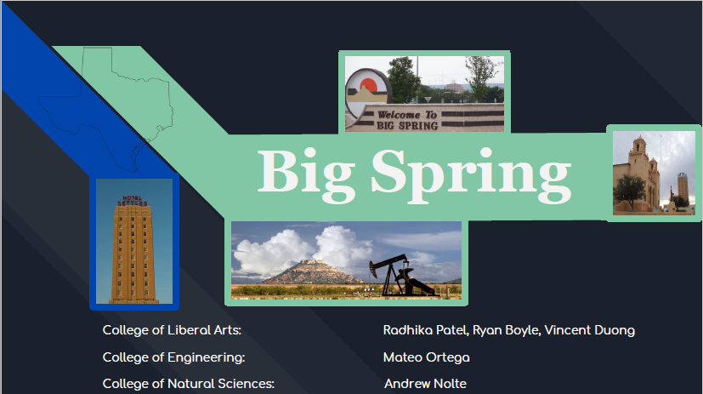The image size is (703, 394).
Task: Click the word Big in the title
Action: (307, 175)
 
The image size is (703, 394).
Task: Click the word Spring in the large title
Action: (471, 175)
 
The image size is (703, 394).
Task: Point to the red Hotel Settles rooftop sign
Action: (133, 201)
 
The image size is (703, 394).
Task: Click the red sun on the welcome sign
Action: (369, 85)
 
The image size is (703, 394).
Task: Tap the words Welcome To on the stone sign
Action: (406, 115)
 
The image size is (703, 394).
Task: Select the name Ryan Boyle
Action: (506, 330)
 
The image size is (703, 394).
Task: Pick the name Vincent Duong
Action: (590, 330)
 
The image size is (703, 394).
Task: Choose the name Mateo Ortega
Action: (427, 357)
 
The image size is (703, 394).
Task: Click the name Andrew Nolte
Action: (426, 384)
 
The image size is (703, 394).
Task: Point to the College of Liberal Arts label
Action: (172, 330)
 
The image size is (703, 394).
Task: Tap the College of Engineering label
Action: (173, 357)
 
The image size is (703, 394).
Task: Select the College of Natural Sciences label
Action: (189, 384)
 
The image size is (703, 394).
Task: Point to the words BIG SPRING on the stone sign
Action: (406, 126)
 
